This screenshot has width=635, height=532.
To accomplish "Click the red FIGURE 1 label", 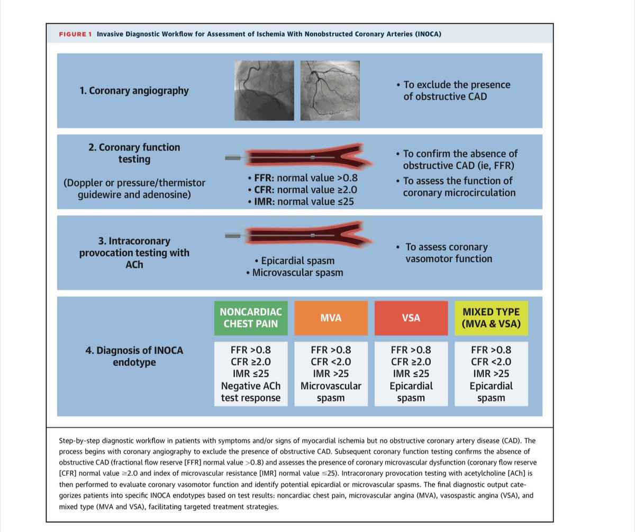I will (75, 34).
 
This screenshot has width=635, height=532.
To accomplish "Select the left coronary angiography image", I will (264, 91).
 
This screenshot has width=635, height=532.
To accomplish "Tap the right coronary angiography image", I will (330, 91).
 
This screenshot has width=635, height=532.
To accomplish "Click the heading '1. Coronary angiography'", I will (134, 91).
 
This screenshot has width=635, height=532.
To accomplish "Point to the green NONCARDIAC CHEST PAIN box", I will (251, 318).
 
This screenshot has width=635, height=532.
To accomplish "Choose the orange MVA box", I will (331, 318).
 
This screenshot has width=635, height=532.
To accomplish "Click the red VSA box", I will (411, 318).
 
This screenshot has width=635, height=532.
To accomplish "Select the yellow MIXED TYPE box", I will (491, 318).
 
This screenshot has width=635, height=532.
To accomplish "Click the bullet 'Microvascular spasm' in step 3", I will (297, 273).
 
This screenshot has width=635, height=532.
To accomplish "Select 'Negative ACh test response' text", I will (251, 392).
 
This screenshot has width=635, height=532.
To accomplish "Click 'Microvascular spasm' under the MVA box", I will (331, 392).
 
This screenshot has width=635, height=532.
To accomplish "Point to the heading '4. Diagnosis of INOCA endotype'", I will (134, 357).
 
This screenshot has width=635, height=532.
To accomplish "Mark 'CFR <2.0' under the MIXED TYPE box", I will (491, 362).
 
